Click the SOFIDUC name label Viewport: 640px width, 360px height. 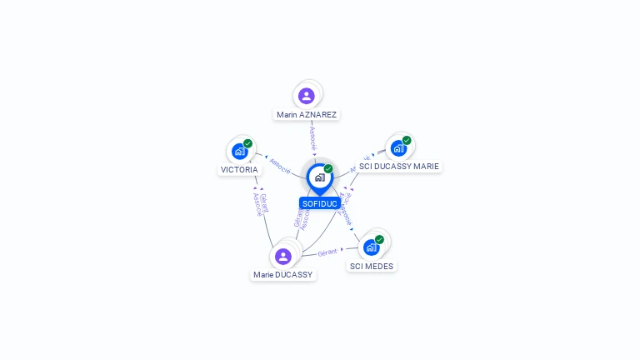click(x=320, y=203)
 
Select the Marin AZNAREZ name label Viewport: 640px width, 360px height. click(x=307, y=114)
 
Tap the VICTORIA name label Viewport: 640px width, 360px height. click(x=239, y=169)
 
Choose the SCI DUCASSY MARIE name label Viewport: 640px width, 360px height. click(x=398, y=166)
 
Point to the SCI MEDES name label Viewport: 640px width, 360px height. click(x=372, y=266)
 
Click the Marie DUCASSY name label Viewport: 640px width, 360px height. click(x=283, y=274)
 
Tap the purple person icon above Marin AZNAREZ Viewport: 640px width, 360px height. click(x=307, y=96)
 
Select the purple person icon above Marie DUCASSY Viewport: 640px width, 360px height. click(x=283, y=256)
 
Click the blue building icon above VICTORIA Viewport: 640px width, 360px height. click(x=239, y=152)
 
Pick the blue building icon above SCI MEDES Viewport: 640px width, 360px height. click(x=371, y=247)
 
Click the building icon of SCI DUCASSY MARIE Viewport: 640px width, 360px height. click(x=398, y=148)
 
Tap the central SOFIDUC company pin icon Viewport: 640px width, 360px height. click(x=319, y=177)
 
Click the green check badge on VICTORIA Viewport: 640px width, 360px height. click(x=247, y=143)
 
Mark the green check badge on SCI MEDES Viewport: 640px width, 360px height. click(x=379, y=239)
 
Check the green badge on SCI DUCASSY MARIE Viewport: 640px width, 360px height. click(x=407, y=140)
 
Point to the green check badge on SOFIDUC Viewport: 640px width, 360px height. click(x=328, y=168)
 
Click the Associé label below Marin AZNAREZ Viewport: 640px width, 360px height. click(x=312, y=137)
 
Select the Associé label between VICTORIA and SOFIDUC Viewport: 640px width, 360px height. click(x=280, y=166)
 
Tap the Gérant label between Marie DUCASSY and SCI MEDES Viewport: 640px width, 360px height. click(x=327, y=252)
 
